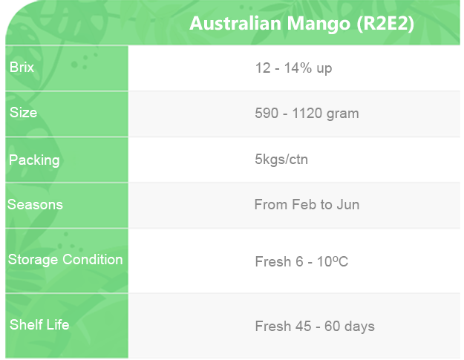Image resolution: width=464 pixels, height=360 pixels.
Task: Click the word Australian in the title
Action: click(235, 23)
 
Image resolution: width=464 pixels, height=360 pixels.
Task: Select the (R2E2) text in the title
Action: click(385, 24)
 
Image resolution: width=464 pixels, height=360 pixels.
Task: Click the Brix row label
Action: click(22, 67)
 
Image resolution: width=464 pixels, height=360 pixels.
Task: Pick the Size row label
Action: click(23, 112)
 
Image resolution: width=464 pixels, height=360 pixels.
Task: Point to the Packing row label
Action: click(34, 160)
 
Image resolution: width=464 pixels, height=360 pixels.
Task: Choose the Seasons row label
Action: click(35, 204)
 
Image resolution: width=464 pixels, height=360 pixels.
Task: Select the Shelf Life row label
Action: click(39, 324)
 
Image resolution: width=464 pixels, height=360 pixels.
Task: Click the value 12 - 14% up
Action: click(293, 68)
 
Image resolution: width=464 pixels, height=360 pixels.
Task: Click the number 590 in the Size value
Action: click(267, 114)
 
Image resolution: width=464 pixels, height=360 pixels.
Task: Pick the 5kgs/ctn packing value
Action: click(281, 159)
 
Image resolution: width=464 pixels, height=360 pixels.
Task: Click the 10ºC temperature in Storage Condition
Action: click(333, 261)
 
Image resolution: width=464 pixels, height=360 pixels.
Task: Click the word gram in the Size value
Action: click(343, 114)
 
